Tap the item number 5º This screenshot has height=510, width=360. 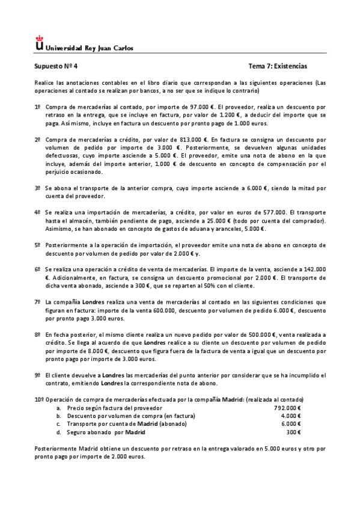38,245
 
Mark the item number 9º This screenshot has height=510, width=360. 38,375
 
